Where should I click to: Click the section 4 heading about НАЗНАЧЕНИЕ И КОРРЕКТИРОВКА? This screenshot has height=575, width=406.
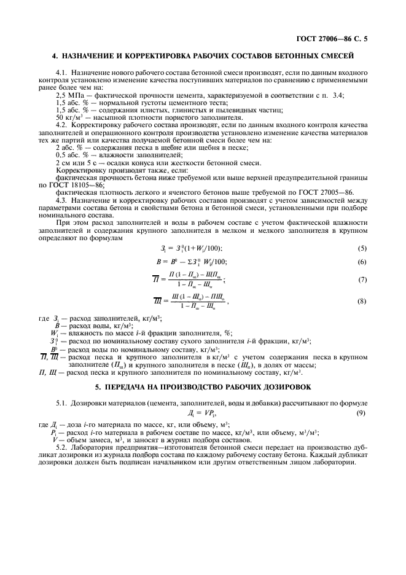click(203, 56)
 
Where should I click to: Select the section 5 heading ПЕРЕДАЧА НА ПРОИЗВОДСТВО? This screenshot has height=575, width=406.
click(203, 386)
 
